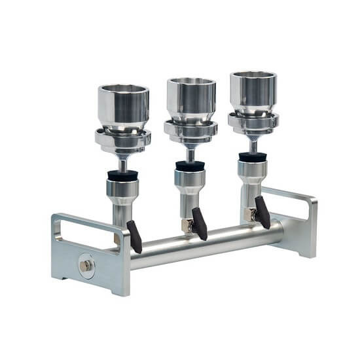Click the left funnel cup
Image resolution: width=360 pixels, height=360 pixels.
(x=123, y=105)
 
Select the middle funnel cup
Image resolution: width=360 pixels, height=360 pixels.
(x=190, y=98)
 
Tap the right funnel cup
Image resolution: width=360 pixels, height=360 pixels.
(x=253, y=92)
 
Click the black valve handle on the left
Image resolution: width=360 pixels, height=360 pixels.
(x=134, y=236)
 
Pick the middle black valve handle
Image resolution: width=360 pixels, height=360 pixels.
(x=198, y=225)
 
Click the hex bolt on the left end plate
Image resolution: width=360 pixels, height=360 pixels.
(x=86, y=265)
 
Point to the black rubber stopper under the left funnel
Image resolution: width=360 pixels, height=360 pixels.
(x=122, y=176)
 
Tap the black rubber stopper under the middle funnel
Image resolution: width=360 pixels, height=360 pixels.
(x=190, y=166)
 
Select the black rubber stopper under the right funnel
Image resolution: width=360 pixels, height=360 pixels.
(x=252, y=157)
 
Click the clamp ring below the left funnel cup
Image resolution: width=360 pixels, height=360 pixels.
(x=123, y=139)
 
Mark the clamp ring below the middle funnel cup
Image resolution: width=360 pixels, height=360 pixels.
(x=190, y=130)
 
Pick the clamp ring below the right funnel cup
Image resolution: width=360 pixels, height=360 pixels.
(x=253, y=122)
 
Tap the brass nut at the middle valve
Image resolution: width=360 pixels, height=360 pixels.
(x=187, y=225)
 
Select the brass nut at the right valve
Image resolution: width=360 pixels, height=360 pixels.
(x=249, y=214)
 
